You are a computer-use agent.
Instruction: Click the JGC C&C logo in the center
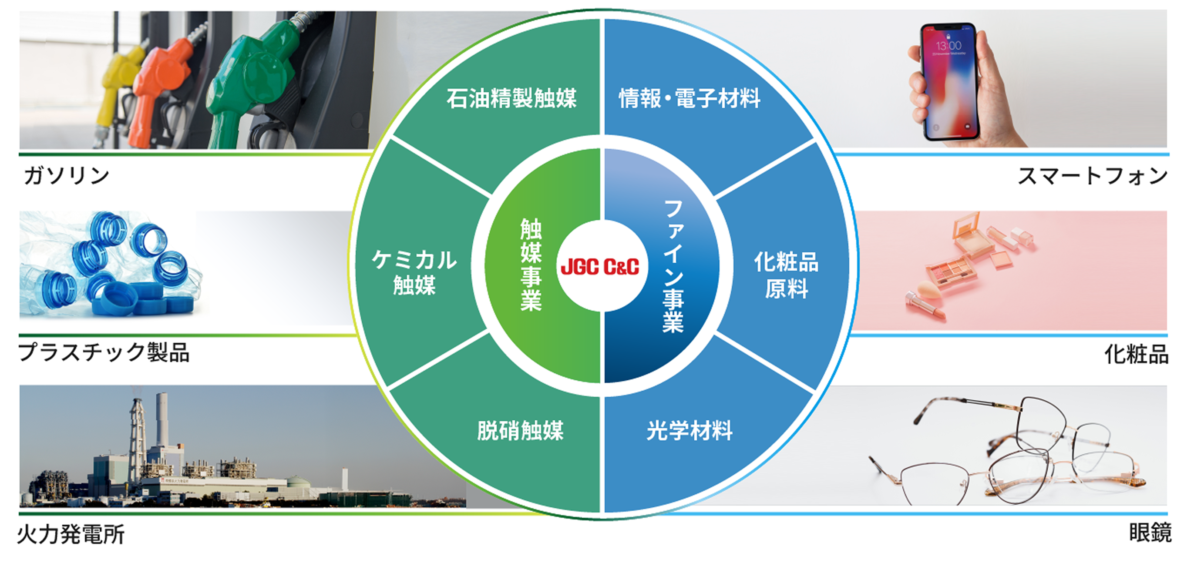(600, 267)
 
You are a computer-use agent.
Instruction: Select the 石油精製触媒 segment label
(511, 98)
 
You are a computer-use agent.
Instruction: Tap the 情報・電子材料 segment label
(690, 98)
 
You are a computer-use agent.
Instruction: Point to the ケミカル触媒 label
(414, 272)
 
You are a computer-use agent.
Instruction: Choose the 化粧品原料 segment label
(786, 275)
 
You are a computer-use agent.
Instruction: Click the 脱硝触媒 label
(520, 431)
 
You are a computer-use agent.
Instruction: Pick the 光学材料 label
(690, 431)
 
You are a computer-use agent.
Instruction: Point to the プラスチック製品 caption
(104, 353)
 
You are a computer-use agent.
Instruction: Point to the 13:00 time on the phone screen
(949, 46)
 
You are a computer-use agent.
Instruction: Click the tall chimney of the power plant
(162, 418)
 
